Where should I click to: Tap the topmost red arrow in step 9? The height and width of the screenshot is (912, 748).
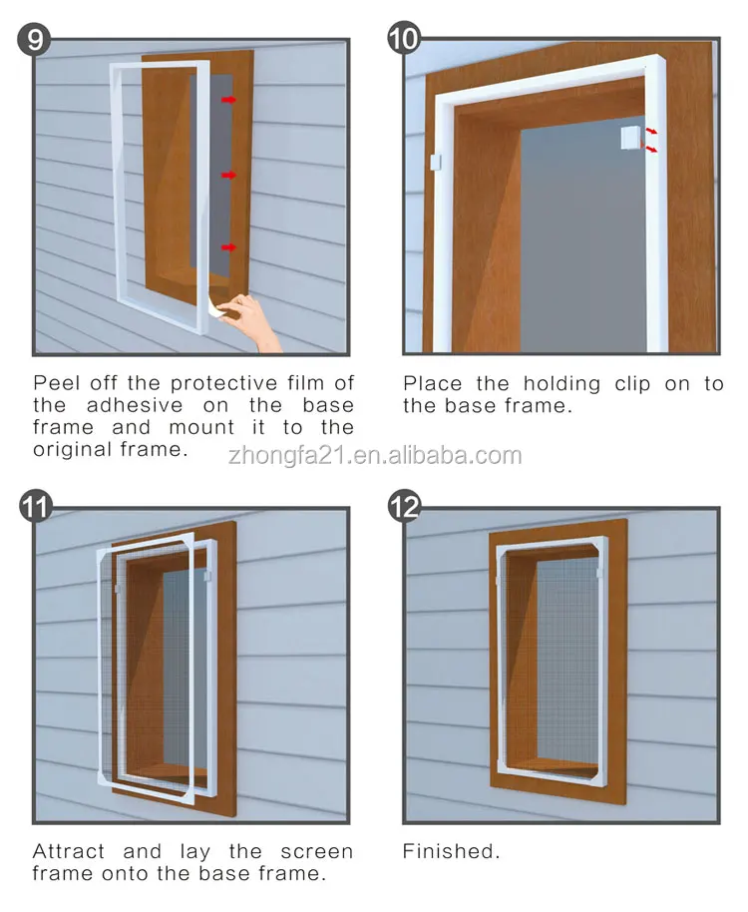229,100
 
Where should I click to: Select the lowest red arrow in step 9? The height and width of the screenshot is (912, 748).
229,246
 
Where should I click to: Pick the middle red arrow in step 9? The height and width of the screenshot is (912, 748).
229,175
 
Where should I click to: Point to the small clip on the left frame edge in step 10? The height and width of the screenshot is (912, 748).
434,160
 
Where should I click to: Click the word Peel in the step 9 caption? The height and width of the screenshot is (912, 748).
56,383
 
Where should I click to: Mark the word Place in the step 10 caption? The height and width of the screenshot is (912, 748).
433,383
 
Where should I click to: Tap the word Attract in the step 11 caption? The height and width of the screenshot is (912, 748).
70,851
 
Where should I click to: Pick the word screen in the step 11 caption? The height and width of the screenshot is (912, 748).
318,851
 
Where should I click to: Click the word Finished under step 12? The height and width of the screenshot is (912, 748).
451,851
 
